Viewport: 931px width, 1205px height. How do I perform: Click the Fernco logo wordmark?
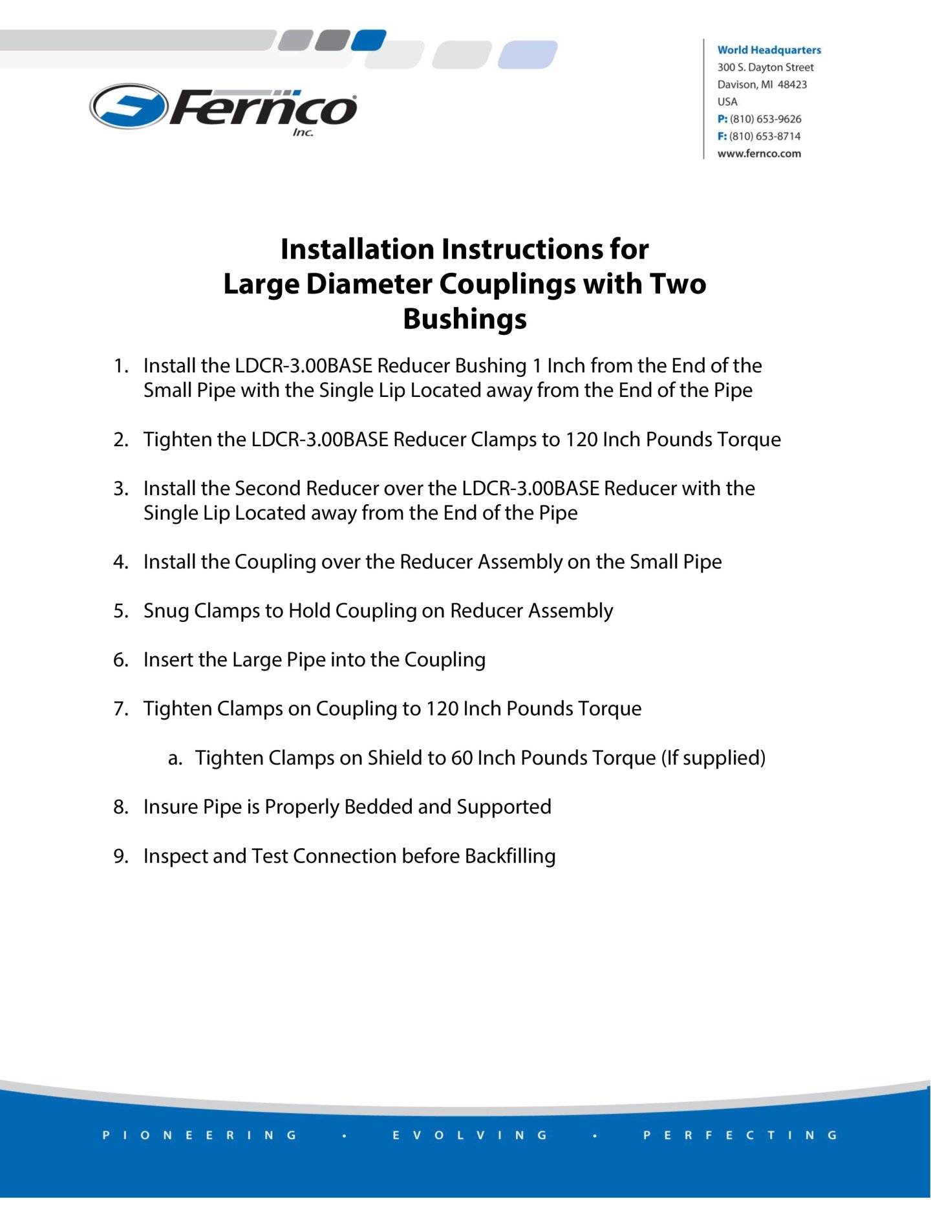[x=264, y=109]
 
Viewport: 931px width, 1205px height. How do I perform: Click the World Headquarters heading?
[x=769, y=50]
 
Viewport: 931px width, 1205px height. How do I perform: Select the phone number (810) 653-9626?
[x=765, y=119]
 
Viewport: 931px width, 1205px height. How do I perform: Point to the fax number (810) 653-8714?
[x=765, y=136]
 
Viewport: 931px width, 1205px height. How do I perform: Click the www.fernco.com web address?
[x=759, y=154]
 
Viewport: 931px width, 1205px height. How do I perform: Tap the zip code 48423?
[x=792, y=85]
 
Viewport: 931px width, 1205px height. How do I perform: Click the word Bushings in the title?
[x=465, y=319]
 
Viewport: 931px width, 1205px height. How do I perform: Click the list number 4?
[x=120, y=562]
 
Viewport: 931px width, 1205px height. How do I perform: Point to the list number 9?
[x=120, y=856]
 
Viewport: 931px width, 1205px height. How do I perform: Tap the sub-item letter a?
[x=174, y=758]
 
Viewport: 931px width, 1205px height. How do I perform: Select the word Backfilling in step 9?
[x=509, y=856]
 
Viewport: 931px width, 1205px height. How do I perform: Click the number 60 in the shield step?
[x=462, y=758]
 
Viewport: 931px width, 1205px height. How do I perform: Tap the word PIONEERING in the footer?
[x=200, y=1135]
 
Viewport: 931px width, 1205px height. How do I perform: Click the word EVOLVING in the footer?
[x=470, y=1135]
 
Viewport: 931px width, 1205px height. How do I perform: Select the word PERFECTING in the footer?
[x=740, y=1135]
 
